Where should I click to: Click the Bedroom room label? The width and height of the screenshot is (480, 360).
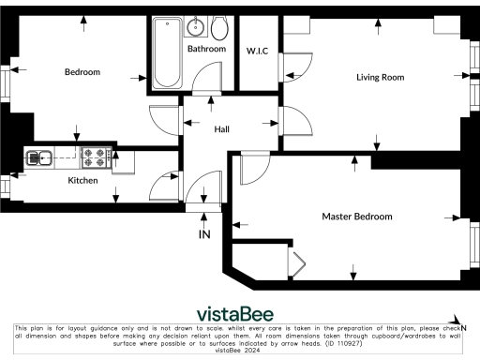pos(82,72)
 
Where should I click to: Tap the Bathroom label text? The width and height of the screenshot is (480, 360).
pos(206,49)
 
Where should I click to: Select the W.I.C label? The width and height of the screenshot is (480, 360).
pos(257,50)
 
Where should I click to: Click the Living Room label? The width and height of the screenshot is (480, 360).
pos(380,77)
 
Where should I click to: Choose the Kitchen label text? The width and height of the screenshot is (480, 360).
pos(82,180)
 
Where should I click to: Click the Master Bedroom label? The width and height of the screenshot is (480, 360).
pos(357,217)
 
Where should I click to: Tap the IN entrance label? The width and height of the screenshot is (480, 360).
pos(204,234)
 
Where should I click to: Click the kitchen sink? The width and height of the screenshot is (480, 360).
pos(40,157)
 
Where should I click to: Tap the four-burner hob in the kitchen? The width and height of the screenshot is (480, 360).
pos(97,157)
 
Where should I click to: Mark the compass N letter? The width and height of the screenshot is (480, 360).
pos(463,326)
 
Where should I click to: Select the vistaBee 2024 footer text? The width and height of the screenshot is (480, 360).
pos(238,351)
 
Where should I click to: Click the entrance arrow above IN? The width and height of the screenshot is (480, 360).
pos(204,219)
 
